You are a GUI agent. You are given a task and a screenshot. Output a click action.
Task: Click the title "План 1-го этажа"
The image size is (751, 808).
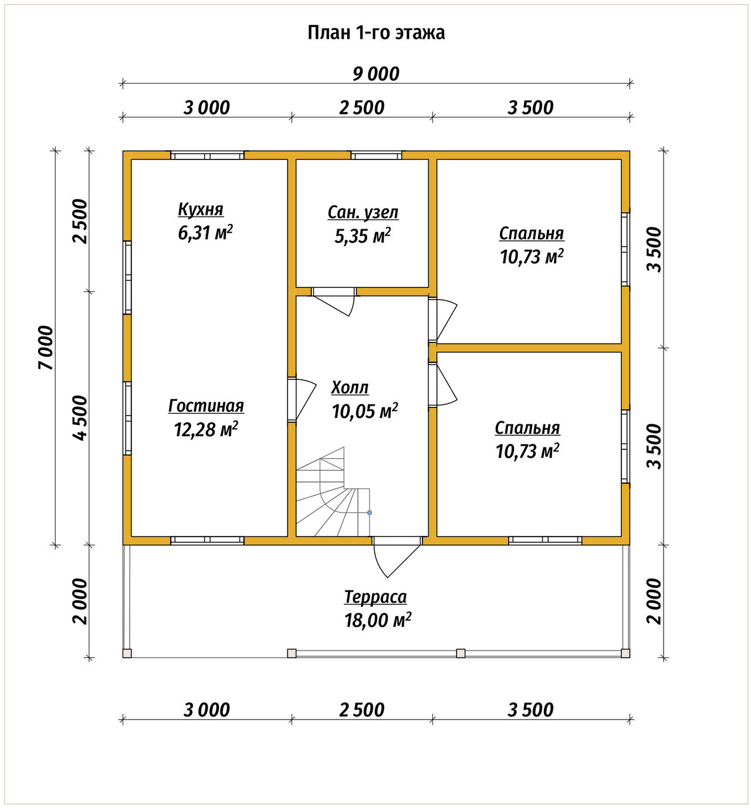376,33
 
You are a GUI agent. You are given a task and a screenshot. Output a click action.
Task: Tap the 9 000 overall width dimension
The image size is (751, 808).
375,74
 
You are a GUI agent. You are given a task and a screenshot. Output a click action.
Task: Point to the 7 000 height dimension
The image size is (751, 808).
46,348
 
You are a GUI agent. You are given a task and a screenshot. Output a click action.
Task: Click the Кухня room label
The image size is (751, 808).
201,209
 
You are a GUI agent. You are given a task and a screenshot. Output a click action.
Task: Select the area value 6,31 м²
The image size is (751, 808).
205,233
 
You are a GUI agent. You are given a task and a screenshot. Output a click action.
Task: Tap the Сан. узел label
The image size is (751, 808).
363,212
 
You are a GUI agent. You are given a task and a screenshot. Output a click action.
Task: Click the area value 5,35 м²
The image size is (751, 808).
363,236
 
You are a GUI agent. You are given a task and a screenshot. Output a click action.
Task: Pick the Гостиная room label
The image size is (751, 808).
206,406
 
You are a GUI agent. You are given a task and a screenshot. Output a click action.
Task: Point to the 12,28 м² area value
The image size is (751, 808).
206,429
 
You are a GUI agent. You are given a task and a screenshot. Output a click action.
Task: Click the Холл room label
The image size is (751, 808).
350,388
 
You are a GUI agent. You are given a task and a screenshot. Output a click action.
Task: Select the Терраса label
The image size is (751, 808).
375,597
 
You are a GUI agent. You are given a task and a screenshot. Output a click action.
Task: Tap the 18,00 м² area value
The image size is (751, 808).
377,620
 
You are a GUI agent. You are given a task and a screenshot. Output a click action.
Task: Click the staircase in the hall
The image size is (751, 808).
333,492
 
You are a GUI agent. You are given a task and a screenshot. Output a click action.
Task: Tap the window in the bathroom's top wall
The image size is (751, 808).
376,155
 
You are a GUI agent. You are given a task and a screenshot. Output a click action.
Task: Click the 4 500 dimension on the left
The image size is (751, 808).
80,418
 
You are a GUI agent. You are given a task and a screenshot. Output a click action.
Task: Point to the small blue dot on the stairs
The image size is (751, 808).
370,512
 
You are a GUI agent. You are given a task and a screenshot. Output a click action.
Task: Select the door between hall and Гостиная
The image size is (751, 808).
302,399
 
